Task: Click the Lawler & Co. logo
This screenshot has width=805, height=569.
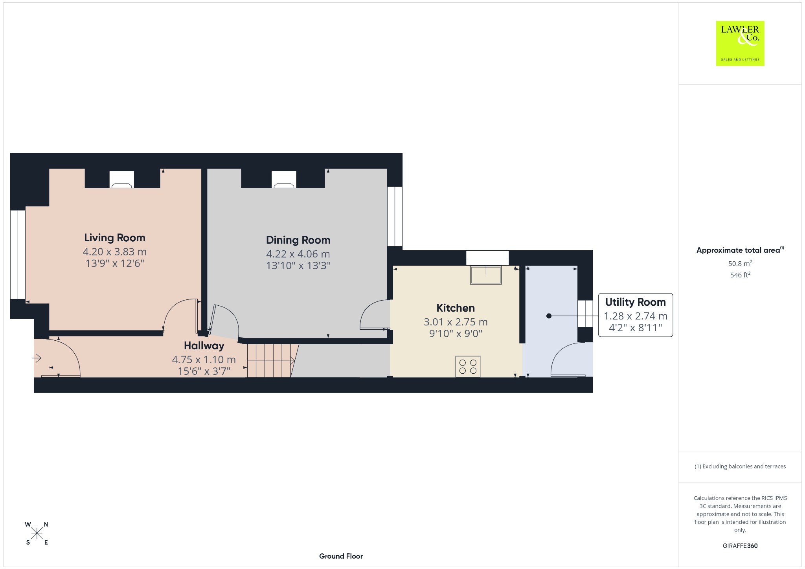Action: coord(740,43)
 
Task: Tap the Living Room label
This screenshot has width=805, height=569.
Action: coord(115,238)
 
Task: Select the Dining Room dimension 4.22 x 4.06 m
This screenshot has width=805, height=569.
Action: coord(298,254)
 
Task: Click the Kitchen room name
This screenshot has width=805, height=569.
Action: coord(456,308)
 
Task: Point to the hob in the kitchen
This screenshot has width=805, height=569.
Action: coord(468,366)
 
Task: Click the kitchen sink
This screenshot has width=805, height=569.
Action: coord(486,275)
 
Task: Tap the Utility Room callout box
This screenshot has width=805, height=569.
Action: coord(635,315)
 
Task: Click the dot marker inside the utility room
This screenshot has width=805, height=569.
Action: coord(549,316)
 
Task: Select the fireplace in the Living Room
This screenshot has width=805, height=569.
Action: coord(121,180)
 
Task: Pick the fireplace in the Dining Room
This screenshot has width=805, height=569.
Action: coord(284,180)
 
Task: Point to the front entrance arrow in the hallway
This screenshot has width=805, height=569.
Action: coord(37,358)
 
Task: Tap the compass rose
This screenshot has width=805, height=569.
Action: coord(37,533)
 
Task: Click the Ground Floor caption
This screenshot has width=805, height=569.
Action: coord(341,556)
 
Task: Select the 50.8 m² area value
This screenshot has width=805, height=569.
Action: coord(740,264)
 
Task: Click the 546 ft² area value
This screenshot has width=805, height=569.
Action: coord(740,275)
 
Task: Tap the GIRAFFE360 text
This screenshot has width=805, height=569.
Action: coord(740,546)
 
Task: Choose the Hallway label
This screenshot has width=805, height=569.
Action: coord(204,346)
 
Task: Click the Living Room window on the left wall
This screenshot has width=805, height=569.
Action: coord(18,255)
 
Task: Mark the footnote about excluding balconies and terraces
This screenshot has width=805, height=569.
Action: coord(740,466)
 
